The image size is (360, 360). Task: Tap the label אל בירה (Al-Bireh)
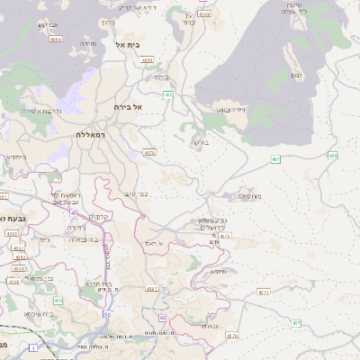pyautogui.click(x=130, y=106)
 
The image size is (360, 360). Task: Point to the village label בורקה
pyautogui.click(x=198, y=142)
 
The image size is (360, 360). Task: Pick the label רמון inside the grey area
pyautogui.click(x=295, y=74)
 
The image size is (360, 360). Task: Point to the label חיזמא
pyautogui.click(x=219, y=271)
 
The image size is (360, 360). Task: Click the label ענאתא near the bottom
pyautogui.click(x=213, y=326)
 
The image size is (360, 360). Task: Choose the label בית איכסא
pyautogui.click(x=39, y=314)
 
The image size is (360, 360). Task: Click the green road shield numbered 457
pyautogui.click(x=276, y=159)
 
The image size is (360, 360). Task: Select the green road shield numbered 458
pyautogui.click(x=333, y=156)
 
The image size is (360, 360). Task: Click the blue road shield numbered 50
pyautogui.click(x=107, y=314)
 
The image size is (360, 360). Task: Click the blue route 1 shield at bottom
pyautogui.click(x=34, y=346)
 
